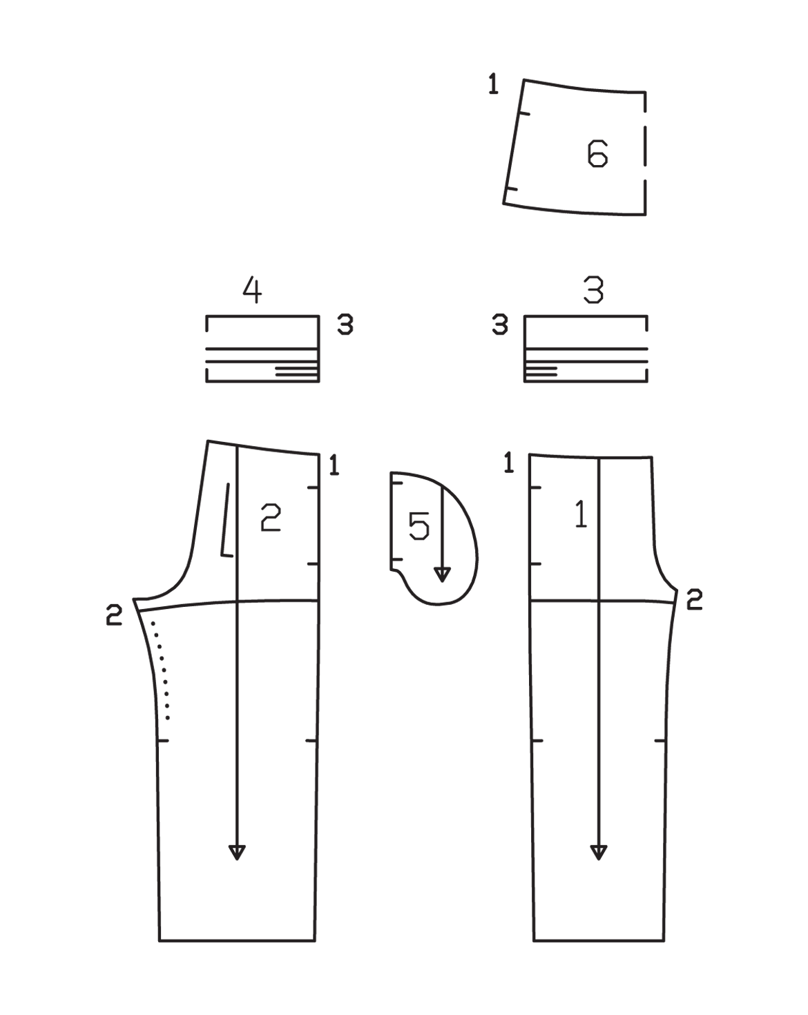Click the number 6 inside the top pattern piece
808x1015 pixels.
[597, 153]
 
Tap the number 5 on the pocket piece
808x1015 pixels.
[419, 526]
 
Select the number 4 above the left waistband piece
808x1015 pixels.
[252, 289]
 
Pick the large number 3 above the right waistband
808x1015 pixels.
[593, 289]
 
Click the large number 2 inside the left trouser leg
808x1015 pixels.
[271, 517]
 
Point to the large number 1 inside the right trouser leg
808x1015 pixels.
[581, 514]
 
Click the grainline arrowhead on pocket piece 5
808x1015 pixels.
[442, 574]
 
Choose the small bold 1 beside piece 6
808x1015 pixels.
[493, 84]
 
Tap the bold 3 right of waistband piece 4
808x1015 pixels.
[345, 325]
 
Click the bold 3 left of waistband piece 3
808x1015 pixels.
[500, 325]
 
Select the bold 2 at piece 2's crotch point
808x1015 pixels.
[114, 615]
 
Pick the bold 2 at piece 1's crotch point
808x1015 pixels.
[694, 599]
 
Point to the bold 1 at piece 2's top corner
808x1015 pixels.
[334, 465]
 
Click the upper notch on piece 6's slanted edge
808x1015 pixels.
[523, 113]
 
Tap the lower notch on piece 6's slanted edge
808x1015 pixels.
[511, 188]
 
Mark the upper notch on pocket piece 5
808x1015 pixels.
[396, 483]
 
